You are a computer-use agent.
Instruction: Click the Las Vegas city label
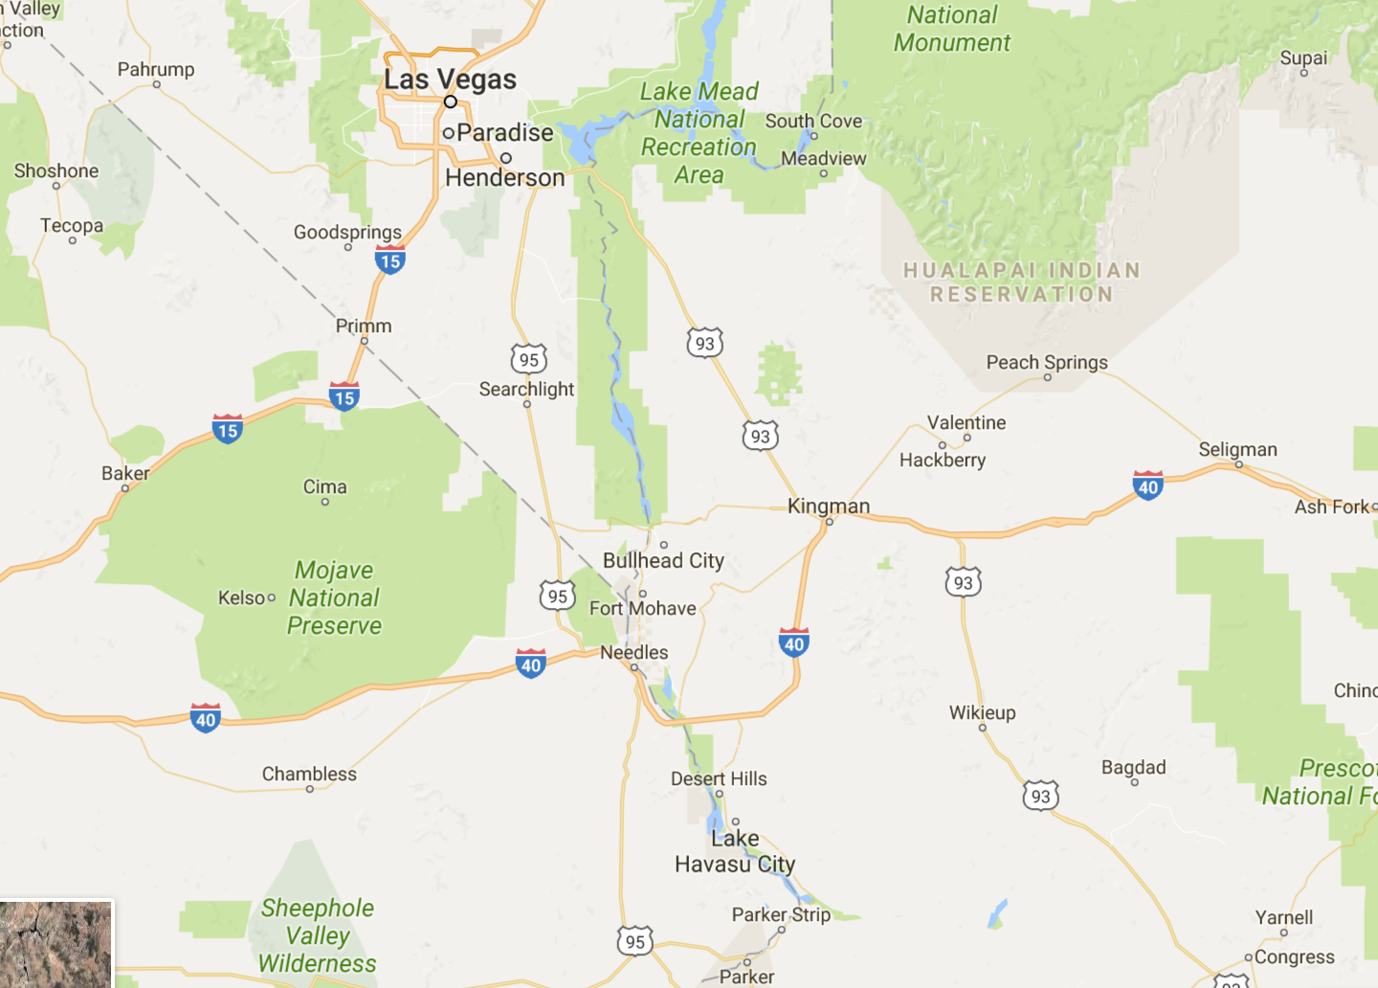(x=450, y=79)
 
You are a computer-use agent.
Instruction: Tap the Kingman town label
(x=829, y=505)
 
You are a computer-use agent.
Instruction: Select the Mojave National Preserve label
(x=334, y=597)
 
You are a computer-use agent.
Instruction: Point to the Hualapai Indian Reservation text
(x=1022, y=282)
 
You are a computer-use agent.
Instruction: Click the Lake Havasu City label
(x=735, y=851)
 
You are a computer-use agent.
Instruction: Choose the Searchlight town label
(x=526, y=389)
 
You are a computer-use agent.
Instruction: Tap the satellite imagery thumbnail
(x=56, y=943)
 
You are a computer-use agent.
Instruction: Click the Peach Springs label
(x=1047, y=362)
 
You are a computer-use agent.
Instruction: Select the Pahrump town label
(x=156, y=69)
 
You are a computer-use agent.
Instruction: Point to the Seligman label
(x=1237, y=449)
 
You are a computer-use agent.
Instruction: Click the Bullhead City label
(x=663, y=560)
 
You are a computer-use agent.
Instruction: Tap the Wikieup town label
(x=982, y=712)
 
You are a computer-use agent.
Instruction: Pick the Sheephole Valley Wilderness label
(x=318, y=935)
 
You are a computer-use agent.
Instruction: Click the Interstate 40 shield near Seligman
(x=1147, y=485)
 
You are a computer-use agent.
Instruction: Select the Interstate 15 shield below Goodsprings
(x=389, y=259)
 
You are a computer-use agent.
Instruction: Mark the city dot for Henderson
(x=506, y=158)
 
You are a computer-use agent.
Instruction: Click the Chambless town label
(x=309, y=774)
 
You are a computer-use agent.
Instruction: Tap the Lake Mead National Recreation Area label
(x=699, y=133)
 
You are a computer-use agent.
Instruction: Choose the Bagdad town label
(x=1133, y=767)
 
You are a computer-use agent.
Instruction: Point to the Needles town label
(x=634, y=652)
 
